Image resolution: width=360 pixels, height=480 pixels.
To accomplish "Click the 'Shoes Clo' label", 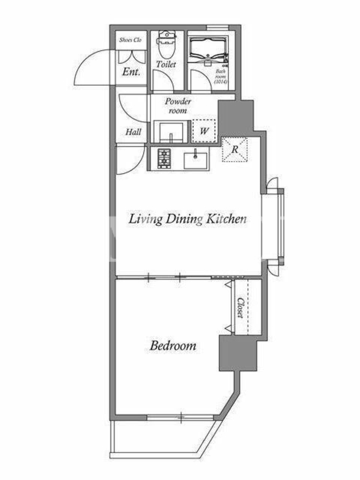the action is pos(130,40).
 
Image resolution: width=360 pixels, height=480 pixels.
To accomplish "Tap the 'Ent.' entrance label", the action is pos(131,72).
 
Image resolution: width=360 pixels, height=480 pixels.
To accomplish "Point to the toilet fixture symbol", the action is pos(166,44).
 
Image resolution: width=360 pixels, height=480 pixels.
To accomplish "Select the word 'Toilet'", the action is pos(166,64).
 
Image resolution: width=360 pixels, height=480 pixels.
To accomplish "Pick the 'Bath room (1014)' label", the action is pos(221,76).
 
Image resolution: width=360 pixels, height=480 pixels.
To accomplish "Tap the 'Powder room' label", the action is pos(178,106).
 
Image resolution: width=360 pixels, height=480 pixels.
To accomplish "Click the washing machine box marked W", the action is pos(204,131).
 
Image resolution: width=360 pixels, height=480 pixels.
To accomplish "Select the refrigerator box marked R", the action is pos(235,149).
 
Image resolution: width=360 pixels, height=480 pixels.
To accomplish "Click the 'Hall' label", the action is pos(133,132).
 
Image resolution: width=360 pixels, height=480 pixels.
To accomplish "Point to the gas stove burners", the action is pos(164,158).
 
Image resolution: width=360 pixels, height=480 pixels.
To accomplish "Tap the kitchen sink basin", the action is pos(196,160).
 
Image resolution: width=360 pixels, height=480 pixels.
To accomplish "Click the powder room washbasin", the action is pos(170,131).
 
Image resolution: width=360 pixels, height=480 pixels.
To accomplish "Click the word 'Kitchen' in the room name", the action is pos(226,218).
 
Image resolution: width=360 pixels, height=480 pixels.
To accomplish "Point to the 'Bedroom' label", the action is pos(173,346).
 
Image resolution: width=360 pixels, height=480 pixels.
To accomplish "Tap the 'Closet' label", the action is pos(241,308).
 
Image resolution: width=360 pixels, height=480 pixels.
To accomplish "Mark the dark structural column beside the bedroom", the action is pos(238,353).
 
